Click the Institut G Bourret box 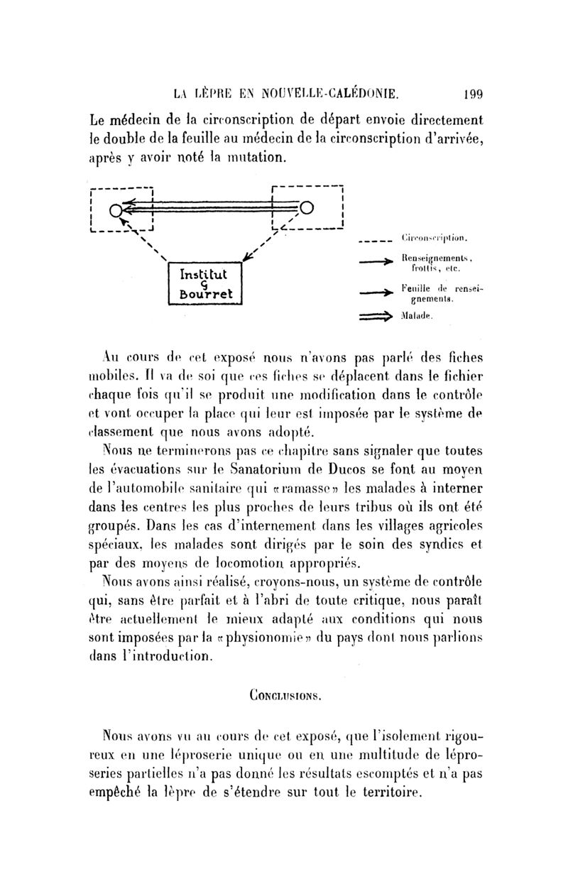click(x=205, y=283)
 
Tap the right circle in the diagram click(x=306, y=207)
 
